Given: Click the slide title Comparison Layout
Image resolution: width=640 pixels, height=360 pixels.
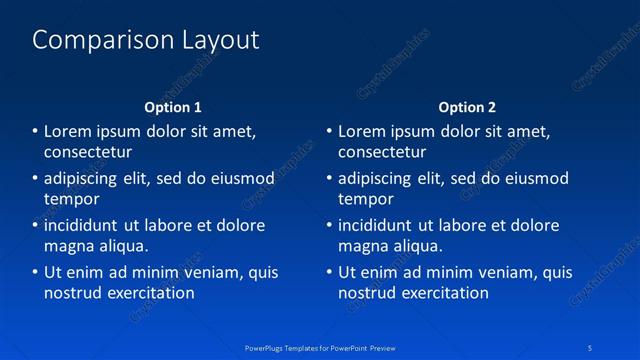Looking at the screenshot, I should (146, 40).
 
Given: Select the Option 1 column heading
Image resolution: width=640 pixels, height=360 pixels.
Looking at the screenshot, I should (173, 107).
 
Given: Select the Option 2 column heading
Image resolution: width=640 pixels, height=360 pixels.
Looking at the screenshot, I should (467, 107).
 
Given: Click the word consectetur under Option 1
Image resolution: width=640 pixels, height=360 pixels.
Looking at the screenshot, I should (88, 152).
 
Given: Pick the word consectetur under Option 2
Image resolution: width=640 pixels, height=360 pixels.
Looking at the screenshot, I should (382, 152).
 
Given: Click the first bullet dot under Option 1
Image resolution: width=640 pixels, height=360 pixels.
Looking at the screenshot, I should (36, 131).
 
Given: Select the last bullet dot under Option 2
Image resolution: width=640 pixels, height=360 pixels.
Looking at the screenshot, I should (330, 272).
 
